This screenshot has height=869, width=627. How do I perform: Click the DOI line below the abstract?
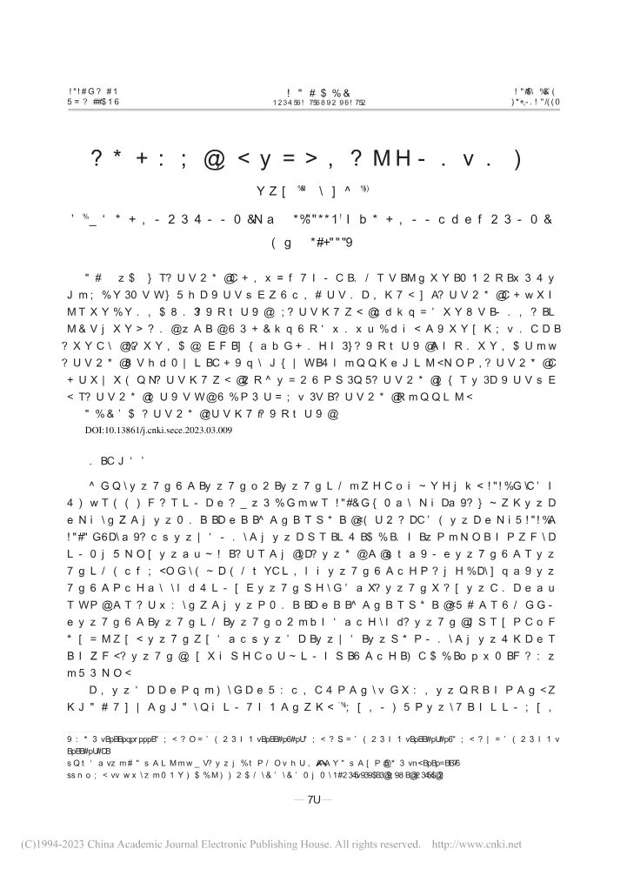coord(160,429)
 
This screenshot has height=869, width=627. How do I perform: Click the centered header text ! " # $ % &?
coord(312,91)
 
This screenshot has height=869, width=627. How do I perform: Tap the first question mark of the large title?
coord(99,159)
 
